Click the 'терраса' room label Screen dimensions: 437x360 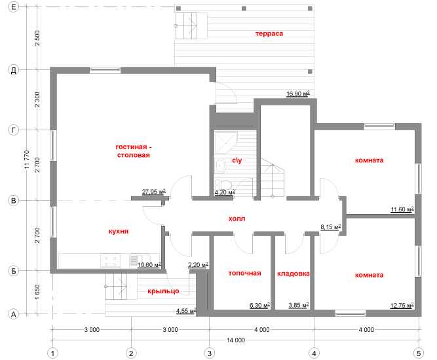(x=269, y=33)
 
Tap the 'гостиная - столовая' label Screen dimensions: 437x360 (x=134, y=151)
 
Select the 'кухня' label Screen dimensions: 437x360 (x=119, y=231)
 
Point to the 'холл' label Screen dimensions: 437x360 (x=237, y=219)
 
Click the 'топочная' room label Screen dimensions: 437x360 (x=244, y=273)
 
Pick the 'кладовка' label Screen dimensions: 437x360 (x=294, y=274)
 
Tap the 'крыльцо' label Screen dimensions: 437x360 (x=163, y=291)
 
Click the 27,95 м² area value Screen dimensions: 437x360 (x=153, y=192)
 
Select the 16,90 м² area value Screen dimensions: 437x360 (x=298, y=94)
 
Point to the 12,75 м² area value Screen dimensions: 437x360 (x=402, y=306)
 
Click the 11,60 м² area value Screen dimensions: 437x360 (x=402, y=209)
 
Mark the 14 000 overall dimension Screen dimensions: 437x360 (x=236, y=340)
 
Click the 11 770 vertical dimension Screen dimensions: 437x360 (x=27, y=160)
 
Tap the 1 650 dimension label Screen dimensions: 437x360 (x=37, y=292)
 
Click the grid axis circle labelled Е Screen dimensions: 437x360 (x=13, y=7)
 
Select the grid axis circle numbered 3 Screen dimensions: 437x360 (x=210, y=353)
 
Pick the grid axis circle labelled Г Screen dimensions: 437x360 (x=13, y=130)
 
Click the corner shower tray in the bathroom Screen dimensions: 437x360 (x=225, y=143)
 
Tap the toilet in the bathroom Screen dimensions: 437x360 (x=223, y=185)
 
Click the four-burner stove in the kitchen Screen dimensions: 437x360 (x=110, y=261)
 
